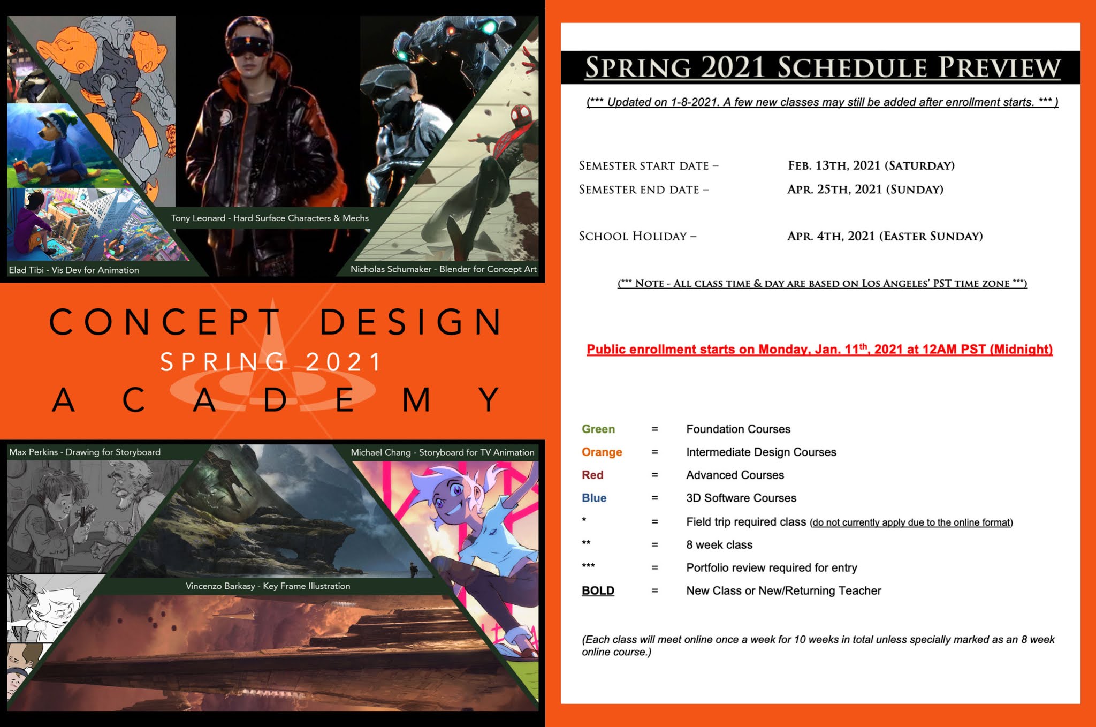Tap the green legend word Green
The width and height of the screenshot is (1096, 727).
598,429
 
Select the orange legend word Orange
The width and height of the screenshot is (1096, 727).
602,452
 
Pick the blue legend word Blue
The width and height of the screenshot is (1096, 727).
594,498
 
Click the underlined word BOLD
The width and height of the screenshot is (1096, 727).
598,590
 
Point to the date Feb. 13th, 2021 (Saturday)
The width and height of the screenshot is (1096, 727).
871,165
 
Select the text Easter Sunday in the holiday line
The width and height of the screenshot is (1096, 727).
931,236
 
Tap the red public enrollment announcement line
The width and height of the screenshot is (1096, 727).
819,349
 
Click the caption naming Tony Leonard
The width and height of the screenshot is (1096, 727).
270,218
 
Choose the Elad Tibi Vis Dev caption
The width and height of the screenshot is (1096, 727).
74,270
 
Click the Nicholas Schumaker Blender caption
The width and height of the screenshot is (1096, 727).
443,269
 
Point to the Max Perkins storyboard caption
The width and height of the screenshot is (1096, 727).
85,452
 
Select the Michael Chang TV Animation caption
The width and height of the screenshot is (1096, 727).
442,452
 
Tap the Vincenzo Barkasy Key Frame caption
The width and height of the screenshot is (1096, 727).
268,586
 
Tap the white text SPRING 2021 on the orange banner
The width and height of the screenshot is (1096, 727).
271,362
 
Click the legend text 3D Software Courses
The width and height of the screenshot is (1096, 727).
741,498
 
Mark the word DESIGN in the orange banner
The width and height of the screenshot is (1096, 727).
411,322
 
